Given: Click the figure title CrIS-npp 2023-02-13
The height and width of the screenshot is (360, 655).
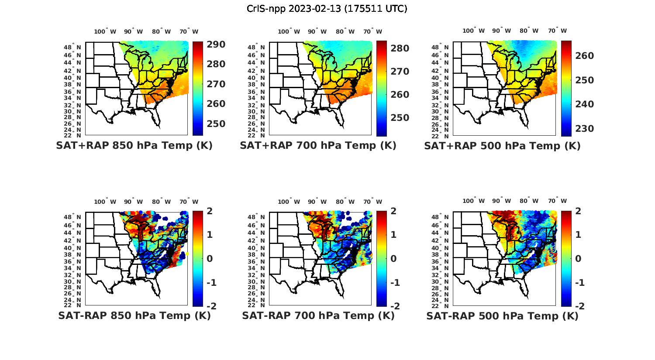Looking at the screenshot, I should point(327,9).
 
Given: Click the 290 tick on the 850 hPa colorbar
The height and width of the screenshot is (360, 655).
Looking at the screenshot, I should point(216,45).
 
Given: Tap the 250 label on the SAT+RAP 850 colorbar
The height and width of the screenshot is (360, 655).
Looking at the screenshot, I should point(216,123).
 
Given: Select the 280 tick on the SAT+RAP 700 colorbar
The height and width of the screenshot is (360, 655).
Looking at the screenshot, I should point(400,48).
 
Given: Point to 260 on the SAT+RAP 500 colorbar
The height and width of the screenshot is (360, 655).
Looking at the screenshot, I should point(585,56).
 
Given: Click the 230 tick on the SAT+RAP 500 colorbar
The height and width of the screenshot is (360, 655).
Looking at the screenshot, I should point(585,129).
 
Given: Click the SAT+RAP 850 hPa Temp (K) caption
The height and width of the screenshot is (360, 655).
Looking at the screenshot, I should point(134,146).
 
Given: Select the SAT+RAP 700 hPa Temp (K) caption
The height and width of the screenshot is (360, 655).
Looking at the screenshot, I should point(318,146).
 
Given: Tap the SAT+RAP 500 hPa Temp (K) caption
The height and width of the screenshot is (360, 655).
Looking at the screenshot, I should point(502,146).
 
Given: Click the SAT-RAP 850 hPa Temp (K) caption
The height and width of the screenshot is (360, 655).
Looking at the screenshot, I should point(134,316).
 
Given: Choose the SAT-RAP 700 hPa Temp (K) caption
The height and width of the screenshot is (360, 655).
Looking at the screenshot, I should point(318,316).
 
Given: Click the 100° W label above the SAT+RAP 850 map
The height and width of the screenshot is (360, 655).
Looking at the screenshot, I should point(105,31).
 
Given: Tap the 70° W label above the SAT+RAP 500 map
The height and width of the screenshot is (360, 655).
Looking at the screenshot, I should point(557,31).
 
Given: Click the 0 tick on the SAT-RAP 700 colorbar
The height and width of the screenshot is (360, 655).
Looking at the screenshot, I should point(394,259).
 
